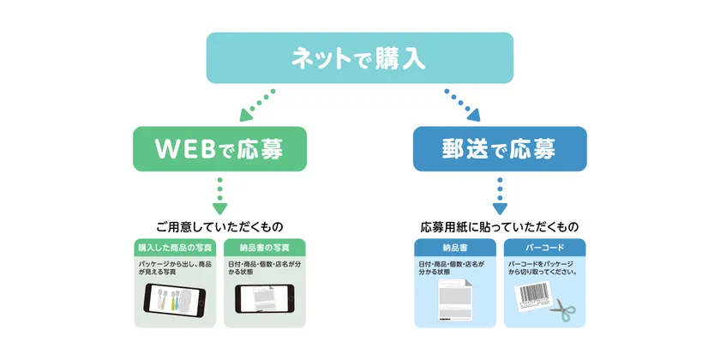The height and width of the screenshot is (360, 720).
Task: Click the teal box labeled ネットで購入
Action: point(359,58)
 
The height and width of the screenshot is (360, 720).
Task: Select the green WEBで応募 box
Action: point(219,149)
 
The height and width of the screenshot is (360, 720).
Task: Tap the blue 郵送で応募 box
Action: point(500,149)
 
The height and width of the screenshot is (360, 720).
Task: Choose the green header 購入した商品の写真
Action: point(176,247)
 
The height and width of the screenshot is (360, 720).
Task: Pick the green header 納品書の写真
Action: point(265,247)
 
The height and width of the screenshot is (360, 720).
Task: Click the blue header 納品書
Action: point(455,247)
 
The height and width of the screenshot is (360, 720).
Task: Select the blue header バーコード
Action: point(544,247)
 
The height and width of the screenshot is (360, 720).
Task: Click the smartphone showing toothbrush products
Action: point(176,300)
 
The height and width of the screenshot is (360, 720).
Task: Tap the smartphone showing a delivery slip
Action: point(265,300)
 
